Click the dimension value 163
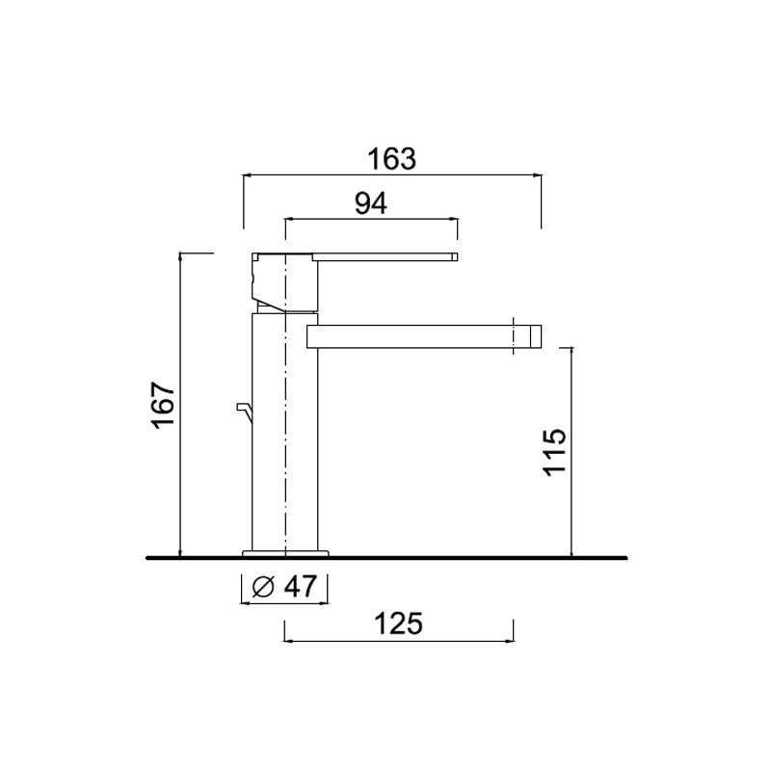click(392, 158)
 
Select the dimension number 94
click(371, 203)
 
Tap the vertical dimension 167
click(164, 405)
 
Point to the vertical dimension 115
click(554, 451)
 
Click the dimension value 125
click(398, 624)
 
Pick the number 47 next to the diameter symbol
click(300, 586)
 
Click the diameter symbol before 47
click(262, 587)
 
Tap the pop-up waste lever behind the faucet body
click(245, 412)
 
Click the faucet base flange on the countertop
click(285, 553)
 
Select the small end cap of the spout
click(536, 336)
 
